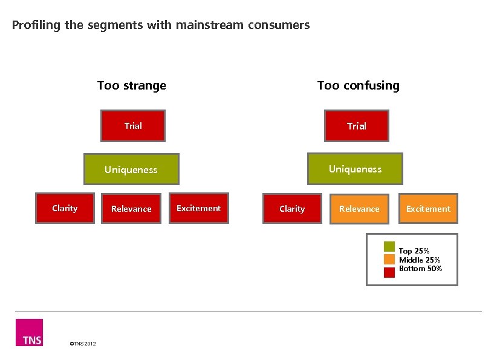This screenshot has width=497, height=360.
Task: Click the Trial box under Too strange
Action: click(133, 126)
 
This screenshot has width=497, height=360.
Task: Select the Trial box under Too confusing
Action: click(356, 126)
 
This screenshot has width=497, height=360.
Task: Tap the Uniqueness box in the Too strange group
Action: click(131, 169)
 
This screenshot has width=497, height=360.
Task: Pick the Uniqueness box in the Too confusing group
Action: click(355, 169)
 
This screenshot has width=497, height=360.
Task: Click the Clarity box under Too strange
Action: click(65, 208)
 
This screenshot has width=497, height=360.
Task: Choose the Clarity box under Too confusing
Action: click(292, 209)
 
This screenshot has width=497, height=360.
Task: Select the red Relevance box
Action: click(131, 209)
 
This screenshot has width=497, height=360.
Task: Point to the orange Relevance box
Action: click(359, 209)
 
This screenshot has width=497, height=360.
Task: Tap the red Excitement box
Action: click(198, 208)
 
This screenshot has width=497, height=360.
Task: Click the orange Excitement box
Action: click(428, 209)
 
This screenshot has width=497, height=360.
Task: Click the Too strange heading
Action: click(132, 85)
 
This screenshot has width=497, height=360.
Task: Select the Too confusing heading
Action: click(359, 85)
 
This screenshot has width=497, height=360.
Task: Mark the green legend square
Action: click(389, 247)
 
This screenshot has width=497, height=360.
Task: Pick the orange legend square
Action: click(389, 260)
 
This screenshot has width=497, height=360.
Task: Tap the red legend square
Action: click(389, 272)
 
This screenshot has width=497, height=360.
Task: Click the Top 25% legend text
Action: click(414, 251)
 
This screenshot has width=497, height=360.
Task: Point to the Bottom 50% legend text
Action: click(420, 268)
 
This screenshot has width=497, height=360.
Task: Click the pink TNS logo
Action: click(29, 332)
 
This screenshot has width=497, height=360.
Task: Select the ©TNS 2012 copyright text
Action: click(83, 344)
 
